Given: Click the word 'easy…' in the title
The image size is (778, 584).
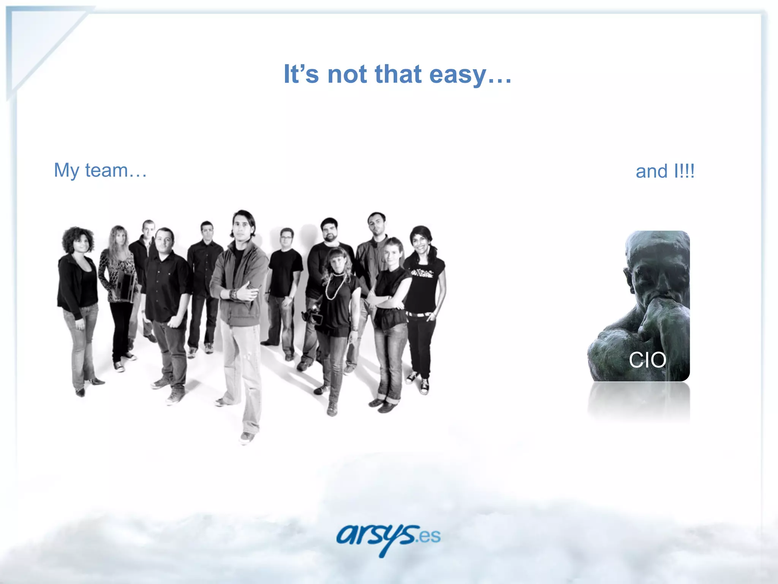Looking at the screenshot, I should click(470, 74).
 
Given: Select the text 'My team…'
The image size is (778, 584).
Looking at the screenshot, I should click(100, 170).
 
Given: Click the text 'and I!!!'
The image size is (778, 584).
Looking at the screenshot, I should click(665, 171).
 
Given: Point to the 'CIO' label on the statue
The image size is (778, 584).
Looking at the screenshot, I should click(647, 360).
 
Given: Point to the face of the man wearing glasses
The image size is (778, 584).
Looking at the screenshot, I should click(286, 240).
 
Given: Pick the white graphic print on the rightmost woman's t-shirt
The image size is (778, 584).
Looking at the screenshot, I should click(421, 273).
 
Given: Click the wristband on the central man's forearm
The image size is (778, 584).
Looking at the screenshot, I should click(233, 294).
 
